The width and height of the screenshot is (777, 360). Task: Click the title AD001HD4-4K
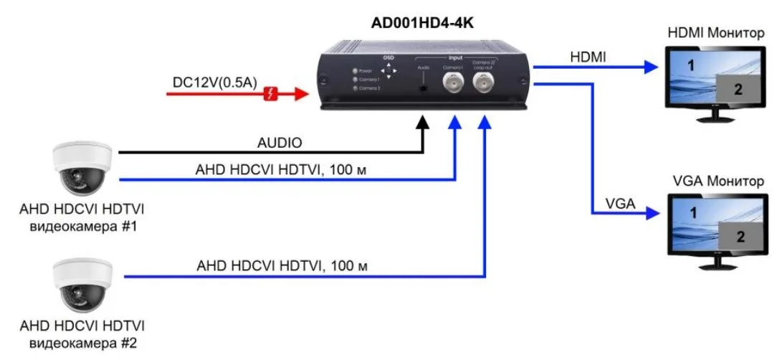tap(422, 24)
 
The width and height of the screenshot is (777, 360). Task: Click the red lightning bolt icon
tap(272, 93)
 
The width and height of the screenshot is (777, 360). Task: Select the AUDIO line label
tap(279, 142)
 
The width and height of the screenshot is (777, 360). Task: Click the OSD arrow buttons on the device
tap(388, 71)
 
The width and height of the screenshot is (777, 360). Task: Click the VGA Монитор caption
tap(718, 181)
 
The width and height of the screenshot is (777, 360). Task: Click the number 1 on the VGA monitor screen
tap(692, 213)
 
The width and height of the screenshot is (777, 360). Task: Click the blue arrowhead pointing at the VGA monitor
tap(651, 213)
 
